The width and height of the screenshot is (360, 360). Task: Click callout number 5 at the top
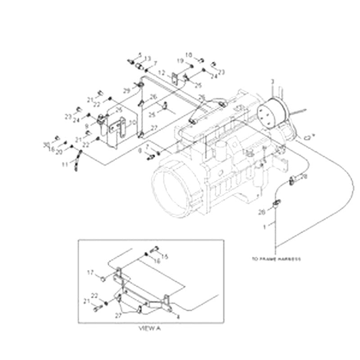[140, 55]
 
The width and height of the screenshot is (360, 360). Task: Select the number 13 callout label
[148, 58]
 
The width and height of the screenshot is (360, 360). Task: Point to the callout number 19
[179, 61]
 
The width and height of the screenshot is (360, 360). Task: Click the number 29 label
[126, 91]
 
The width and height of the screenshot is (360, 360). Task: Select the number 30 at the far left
[46, 144]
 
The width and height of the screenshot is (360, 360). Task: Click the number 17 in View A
[90, 272]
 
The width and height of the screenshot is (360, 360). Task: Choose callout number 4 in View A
[178, 317]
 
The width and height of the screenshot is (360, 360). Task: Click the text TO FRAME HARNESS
[276, 259]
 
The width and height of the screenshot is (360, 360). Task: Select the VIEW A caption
[148, 329]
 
